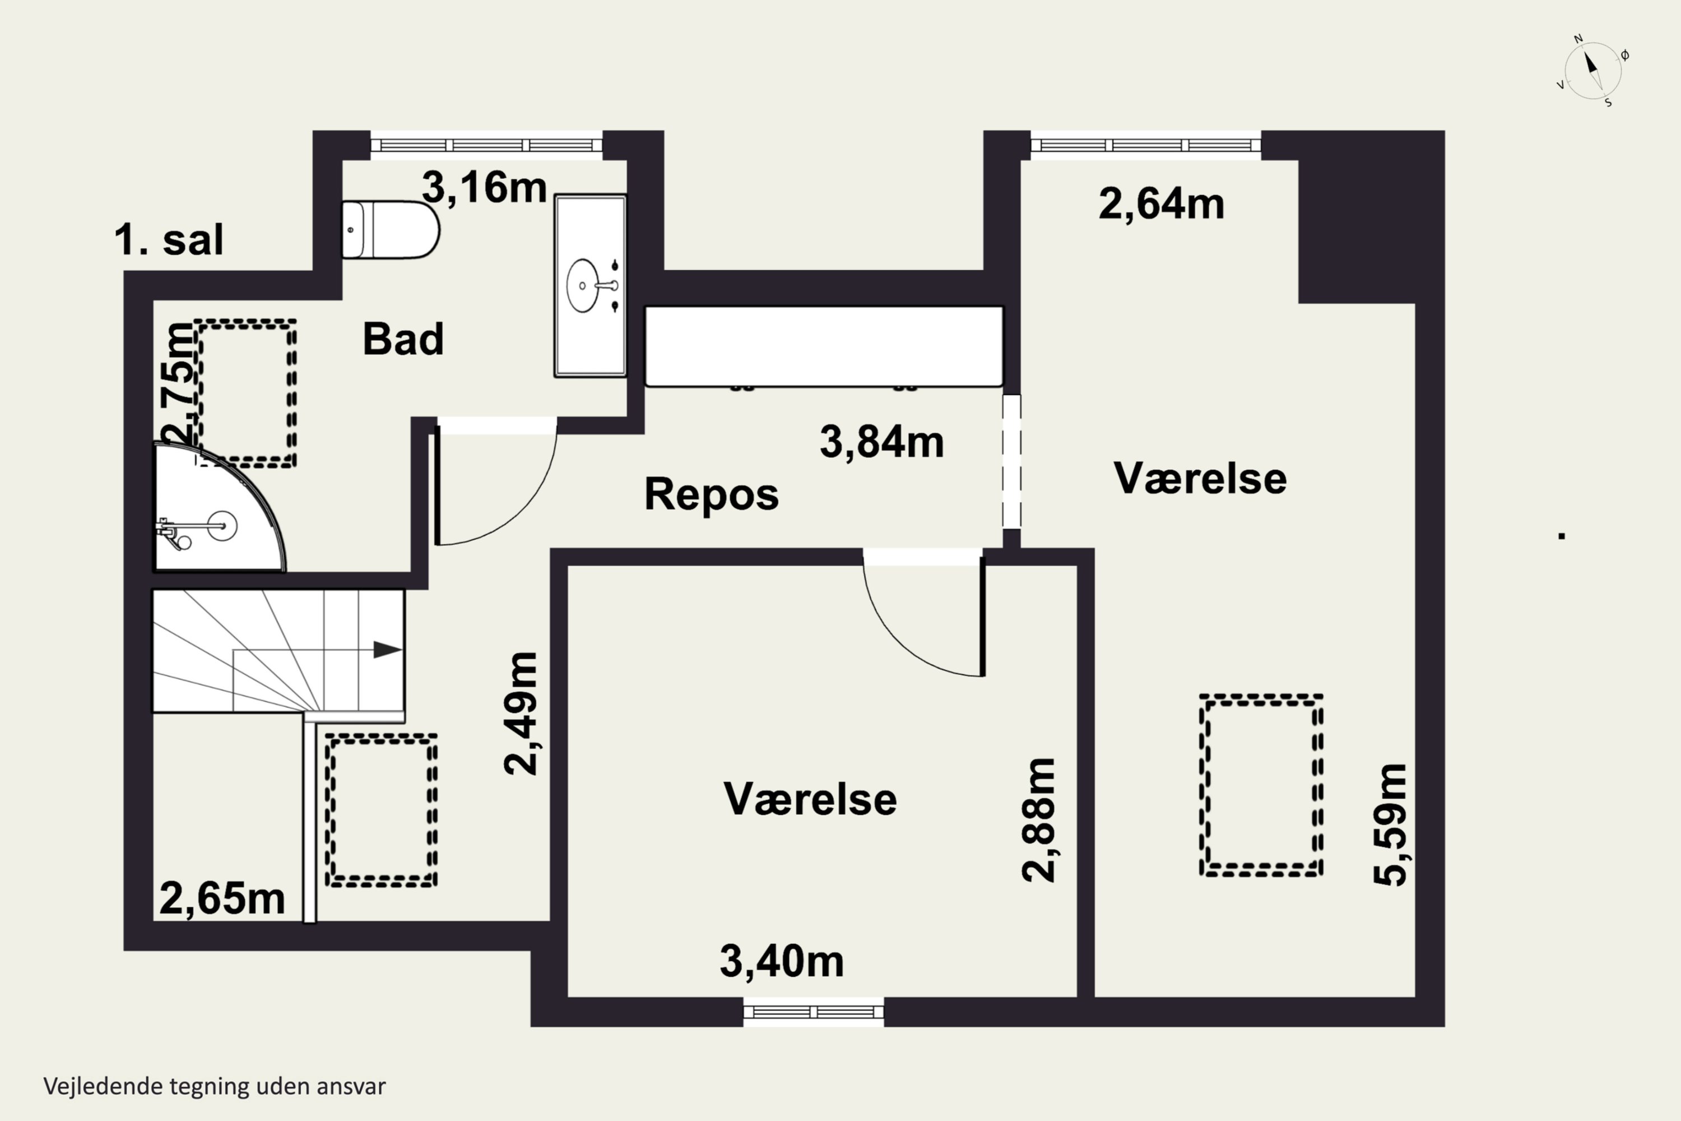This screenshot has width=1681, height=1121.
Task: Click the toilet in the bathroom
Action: click(389, 229)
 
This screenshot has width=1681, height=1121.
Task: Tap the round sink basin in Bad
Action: click(583, 286)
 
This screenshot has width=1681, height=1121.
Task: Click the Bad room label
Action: click(403, 339)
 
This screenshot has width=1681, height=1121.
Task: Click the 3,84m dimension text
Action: click(881, 442)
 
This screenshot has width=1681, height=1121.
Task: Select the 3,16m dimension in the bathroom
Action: click(484, 187)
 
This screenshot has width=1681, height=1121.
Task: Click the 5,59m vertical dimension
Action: click(1390, 824)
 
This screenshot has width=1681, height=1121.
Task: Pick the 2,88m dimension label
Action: click(1038, 820)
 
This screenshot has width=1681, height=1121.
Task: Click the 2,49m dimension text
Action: click(521, 713)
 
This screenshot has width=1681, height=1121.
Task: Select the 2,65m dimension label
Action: click(222, 898)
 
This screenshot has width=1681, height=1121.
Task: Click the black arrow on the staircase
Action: click(387, 650)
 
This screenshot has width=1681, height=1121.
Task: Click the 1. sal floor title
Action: click(169, 239)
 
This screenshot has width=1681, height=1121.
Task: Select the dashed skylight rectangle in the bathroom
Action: click(246, 394)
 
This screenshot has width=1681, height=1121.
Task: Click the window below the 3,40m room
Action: click(814, 1012)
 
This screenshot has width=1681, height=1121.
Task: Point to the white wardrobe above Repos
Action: click(824, 347)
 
